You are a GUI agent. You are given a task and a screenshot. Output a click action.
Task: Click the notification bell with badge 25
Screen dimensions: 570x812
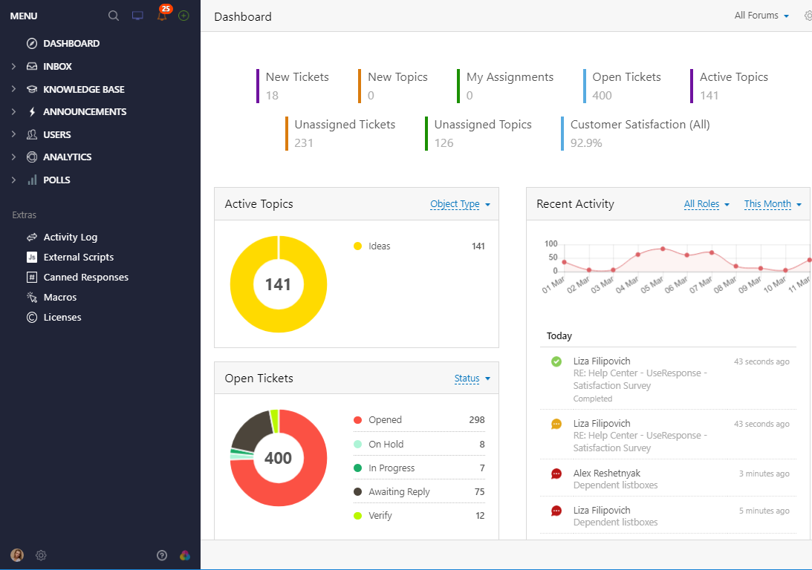pos(162,16)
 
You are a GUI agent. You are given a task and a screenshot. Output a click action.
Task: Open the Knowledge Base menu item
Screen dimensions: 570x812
pos(83,89)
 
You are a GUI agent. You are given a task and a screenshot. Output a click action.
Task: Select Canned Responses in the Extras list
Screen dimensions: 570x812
pos(85,277)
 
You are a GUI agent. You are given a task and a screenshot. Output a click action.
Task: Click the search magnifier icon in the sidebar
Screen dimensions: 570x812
pos(114,16)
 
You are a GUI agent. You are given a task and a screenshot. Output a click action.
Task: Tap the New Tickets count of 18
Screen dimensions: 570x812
pos(272,95)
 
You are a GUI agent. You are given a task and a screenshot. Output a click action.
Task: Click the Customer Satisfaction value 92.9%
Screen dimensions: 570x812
pos(586,142)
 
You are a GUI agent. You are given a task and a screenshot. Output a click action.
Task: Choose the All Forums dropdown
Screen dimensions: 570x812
pos(761,16)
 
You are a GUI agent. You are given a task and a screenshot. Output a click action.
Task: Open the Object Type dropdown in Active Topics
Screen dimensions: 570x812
pos(460,204)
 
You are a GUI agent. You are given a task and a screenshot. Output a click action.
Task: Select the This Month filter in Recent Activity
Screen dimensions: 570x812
pos(773,204)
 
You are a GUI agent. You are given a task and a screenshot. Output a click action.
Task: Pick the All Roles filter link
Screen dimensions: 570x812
pos(707,204)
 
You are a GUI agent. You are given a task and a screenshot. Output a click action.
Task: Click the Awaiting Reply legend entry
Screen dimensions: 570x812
pos(399,491)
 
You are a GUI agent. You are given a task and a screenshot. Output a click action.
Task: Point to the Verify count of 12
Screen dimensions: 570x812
pos(480,515)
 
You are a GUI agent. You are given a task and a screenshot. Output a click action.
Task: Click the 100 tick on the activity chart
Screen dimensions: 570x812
pos(550,243)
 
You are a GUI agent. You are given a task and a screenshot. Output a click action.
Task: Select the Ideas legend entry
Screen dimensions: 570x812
pos(379,246)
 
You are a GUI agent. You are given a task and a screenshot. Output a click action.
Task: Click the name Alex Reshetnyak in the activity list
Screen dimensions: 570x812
pos(606,473)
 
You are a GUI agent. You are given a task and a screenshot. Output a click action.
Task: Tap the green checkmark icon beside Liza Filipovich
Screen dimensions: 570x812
pos(556,361)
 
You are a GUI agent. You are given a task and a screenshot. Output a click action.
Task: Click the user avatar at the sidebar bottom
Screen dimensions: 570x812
pos(16,554)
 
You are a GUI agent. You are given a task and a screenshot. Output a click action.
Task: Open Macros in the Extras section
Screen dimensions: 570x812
pos(59,297)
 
